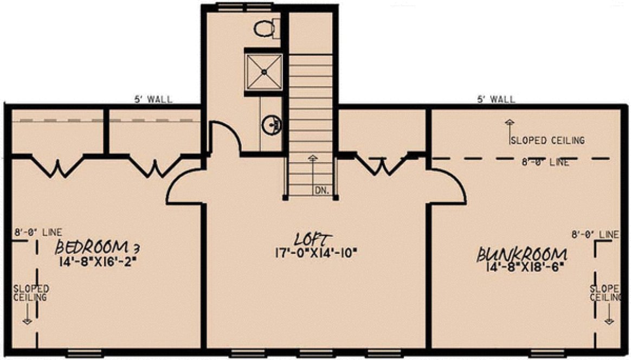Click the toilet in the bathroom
pyautogui.click(x=266, y=28)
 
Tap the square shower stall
pyautogui.click(x=263, y=71)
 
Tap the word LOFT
pyautogui.click(x=312, y=239)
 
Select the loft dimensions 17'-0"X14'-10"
pyautogui.click(x=316, y=252)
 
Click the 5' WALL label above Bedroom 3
pyautogui.click(x=153, y=99)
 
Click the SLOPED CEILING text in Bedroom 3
pyautogui.click(x=30, y=293)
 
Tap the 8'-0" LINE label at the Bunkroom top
pyautogui.click(x=546, y=162)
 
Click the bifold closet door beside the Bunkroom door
pyautogui.click(x=382, y=165)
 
